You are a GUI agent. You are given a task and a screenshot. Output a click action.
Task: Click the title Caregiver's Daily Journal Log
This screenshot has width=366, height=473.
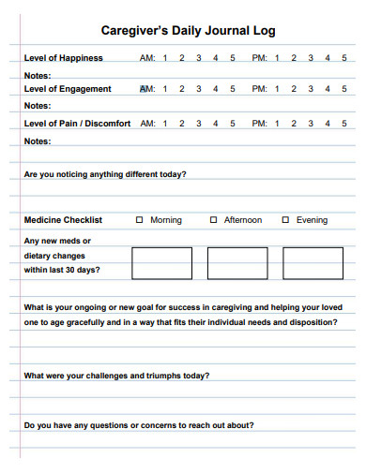188,31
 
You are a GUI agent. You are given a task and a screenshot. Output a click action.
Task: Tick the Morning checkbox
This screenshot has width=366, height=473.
140,220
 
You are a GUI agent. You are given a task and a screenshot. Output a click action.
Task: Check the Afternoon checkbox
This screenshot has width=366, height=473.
214,220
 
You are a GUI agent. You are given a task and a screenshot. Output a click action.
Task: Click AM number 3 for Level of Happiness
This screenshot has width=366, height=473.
198,58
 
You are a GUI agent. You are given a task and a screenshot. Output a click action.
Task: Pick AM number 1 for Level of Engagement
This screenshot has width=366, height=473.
164,90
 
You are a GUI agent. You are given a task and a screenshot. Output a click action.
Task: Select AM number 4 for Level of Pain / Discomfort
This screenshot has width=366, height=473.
215,123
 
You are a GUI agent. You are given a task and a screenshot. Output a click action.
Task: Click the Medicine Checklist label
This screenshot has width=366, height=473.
63,220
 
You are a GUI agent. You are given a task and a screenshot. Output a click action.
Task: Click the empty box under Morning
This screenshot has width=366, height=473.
161,263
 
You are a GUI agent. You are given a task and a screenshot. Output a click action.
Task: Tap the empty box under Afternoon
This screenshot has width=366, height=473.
237,263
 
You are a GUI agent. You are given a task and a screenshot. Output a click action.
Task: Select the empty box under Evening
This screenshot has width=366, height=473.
313,263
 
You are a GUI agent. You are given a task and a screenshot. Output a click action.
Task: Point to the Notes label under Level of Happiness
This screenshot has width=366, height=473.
38,74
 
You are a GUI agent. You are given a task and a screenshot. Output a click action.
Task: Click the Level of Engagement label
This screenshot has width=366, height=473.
68,90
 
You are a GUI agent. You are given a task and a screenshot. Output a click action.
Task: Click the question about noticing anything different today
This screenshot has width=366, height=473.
105,173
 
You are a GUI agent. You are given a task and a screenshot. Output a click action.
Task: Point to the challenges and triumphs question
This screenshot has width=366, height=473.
116,376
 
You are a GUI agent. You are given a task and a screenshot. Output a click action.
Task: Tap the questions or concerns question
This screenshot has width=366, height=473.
138,424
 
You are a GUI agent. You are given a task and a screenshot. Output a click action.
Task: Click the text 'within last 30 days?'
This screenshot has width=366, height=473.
62,270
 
